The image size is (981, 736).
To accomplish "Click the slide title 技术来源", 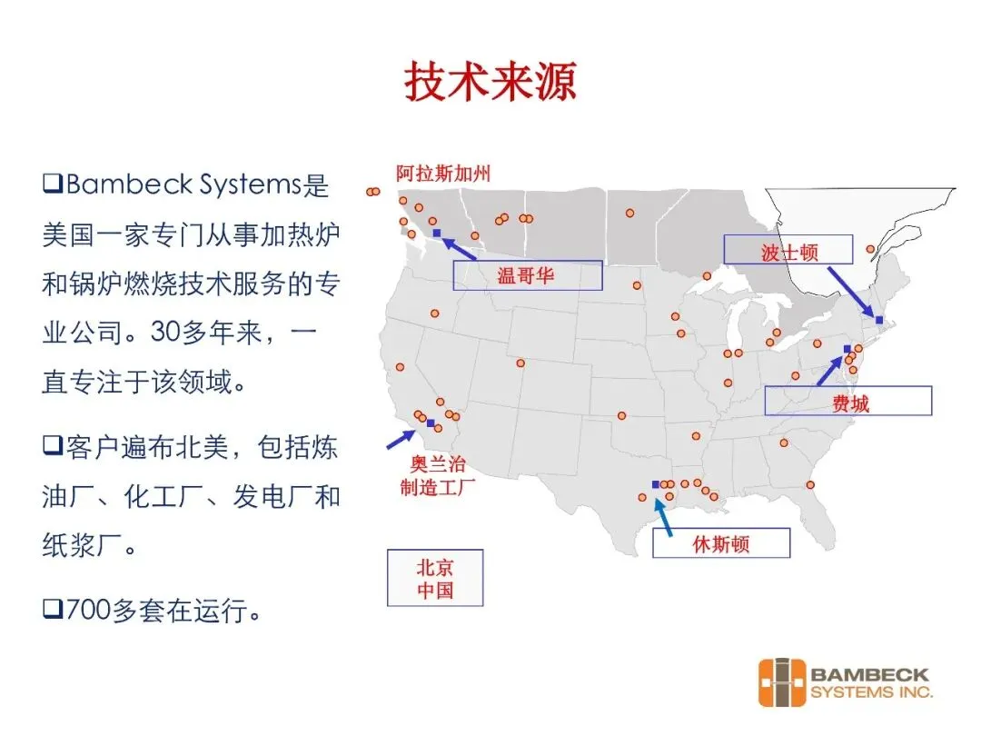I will click(490, 83).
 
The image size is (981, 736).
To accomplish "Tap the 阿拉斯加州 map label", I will click(442, 173).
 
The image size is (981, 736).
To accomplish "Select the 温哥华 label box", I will click(527, 275).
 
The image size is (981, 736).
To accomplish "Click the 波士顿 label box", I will click(788, 250).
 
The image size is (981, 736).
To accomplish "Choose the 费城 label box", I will click(847, 401).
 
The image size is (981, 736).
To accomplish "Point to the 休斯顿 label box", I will click(721, 543).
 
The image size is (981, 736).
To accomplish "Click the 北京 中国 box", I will click(435, 578).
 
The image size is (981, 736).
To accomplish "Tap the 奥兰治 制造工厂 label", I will click(438, 475).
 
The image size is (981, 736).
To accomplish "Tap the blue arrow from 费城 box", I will click(828, 370).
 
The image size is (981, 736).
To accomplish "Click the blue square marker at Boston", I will click(879, 319).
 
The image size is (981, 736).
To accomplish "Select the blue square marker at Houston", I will click(655, 484).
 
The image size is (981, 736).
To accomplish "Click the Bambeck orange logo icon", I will click(781, 684).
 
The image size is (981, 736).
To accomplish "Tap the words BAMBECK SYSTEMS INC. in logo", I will click(870, 683).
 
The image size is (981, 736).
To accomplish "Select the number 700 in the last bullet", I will click(88, 612).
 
